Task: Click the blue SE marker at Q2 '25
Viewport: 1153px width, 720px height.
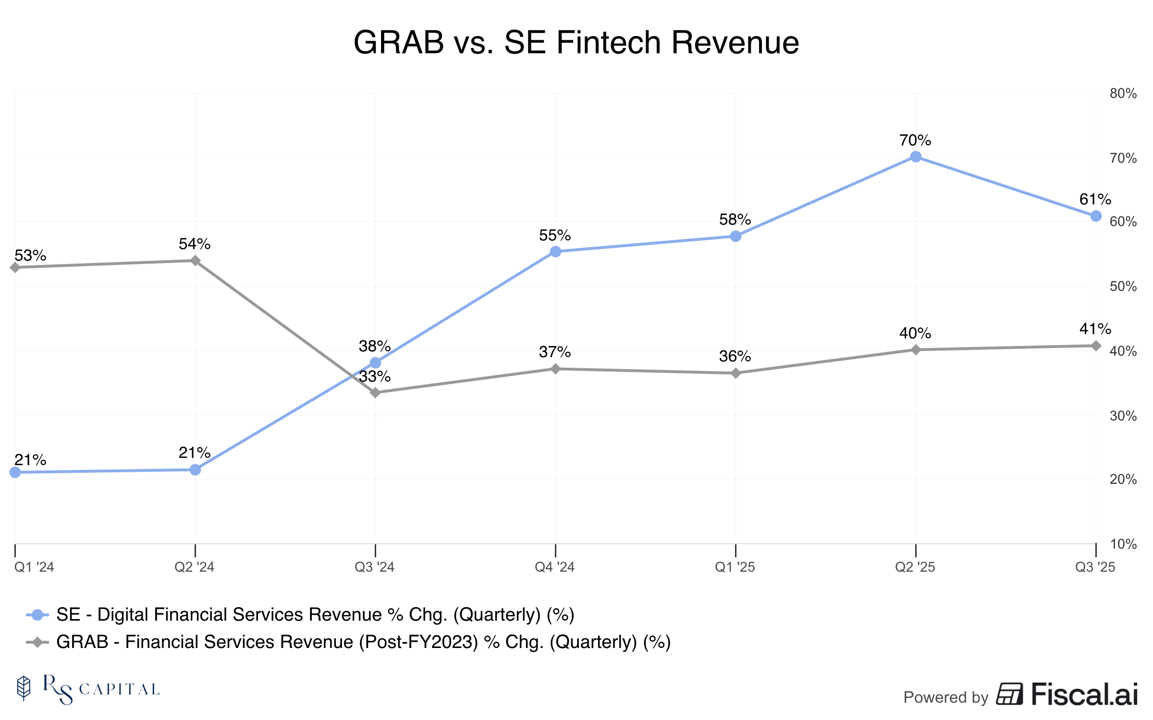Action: click(916, 156)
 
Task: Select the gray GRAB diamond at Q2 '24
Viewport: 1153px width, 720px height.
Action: click(195, 261)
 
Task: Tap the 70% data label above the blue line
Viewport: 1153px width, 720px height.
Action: click(915, 140)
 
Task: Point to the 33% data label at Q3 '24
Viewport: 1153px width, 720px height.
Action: click(375, 376)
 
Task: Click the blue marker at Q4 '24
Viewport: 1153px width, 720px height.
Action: click(555, 252)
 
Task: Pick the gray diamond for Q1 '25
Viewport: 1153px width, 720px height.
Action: click(736, 373)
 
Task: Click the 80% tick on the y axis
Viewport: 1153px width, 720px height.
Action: click(1123, 94)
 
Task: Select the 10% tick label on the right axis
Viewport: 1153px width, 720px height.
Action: click(1123, 544)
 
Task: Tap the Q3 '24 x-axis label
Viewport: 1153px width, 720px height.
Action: click(374, 567)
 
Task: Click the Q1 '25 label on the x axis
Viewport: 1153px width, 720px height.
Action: click(735, 567)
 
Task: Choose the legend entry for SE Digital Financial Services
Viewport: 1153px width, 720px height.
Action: click(315, 614)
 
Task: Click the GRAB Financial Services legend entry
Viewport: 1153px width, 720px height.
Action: click(363, 642)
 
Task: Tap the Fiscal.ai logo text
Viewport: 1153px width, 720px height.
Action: click(1084, 695)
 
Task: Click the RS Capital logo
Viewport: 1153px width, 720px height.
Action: click(89, 689)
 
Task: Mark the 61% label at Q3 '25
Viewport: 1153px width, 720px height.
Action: click(1095, 199)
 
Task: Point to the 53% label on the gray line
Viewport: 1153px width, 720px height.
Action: click(30, 255)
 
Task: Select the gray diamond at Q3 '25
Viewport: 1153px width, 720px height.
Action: click(1096, 346)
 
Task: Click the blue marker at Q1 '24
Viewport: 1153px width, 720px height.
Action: click(15, 472)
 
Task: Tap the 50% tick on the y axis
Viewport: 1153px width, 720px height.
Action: click(1123, 287)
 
